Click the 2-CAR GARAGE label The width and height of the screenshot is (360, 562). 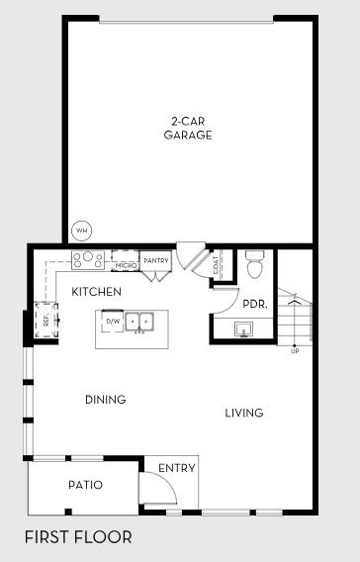(x=188, y=129)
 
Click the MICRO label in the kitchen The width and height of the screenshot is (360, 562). (x=126, y=265)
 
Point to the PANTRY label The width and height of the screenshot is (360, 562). (x=156, y=260)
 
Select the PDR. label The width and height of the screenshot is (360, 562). (x=254, y=304)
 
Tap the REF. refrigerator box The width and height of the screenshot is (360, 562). (x=45, y=320)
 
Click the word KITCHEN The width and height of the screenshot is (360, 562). (x=96, y=292)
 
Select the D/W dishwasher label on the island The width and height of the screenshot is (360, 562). (x=112, y=322)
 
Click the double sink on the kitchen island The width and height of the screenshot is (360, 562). (x=143, y=322)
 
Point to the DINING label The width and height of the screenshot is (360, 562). (x=105, y=400)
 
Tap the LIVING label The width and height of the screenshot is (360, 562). (x=243, y=413)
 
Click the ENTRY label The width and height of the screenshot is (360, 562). (x=177, y=468)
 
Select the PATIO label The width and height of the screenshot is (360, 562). (x=85, y=485)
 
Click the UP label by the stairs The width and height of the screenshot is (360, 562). (x=295, y=351)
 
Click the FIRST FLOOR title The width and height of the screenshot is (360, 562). (x=78, y=537)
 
